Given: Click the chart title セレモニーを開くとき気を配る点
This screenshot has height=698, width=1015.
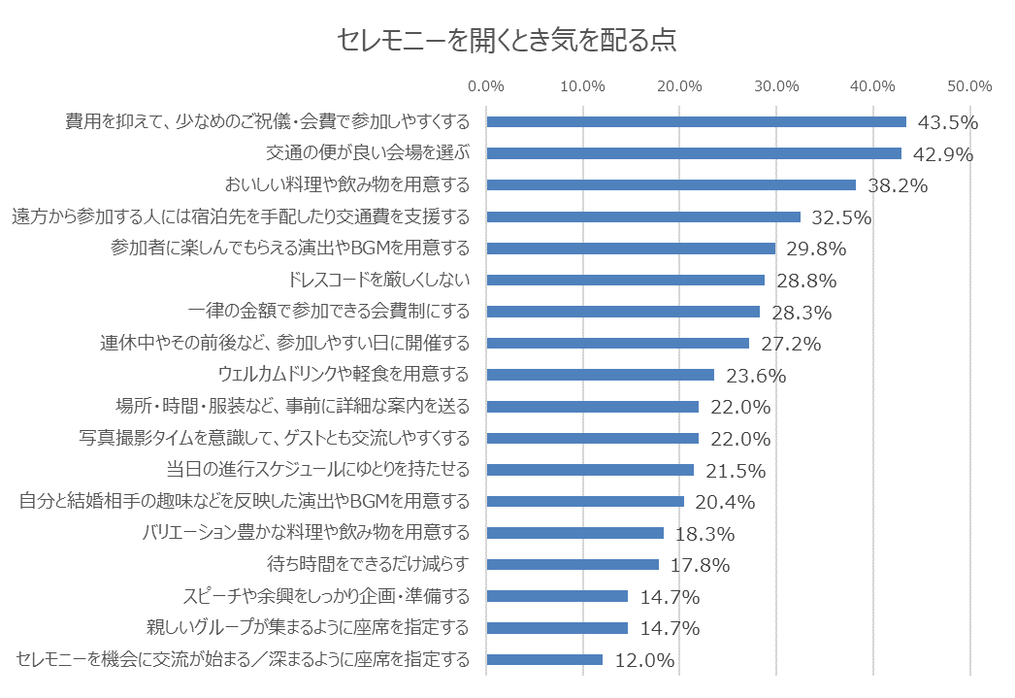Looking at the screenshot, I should click(506, 41).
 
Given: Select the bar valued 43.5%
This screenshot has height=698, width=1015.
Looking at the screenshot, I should click(696, 122).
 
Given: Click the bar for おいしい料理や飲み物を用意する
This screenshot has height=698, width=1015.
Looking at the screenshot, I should click(671, 185).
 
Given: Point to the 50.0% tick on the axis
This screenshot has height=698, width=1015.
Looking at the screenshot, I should click(969, 85).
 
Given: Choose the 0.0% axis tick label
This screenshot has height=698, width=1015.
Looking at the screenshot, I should click(486, 85).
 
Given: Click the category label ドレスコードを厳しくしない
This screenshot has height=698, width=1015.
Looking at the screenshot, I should click(379, 281).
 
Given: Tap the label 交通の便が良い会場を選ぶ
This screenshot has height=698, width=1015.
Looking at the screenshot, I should click(367, 153).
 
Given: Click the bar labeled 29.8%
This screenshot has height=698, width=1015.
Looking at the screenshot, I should click(631, 249).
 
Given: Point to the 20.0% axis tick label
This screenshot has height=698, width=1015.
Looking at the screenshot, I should click(679, 85).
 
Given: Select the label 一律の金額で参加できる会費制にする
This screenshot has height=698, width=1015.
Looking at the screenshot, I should click(328, 312).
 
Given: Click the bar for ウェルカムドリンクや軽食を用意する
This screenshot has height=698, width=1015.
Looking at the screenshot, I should click(600, 375).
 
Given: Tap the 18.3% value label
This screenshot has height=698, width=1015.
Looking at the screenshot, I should click(704, 534).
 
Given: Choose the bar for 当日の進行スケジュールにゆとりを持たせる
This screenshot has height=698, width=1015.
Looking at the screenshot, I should click(590, 470).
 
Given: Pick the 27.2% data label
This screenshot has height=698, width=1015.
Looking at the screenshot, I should click(791, 344).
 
